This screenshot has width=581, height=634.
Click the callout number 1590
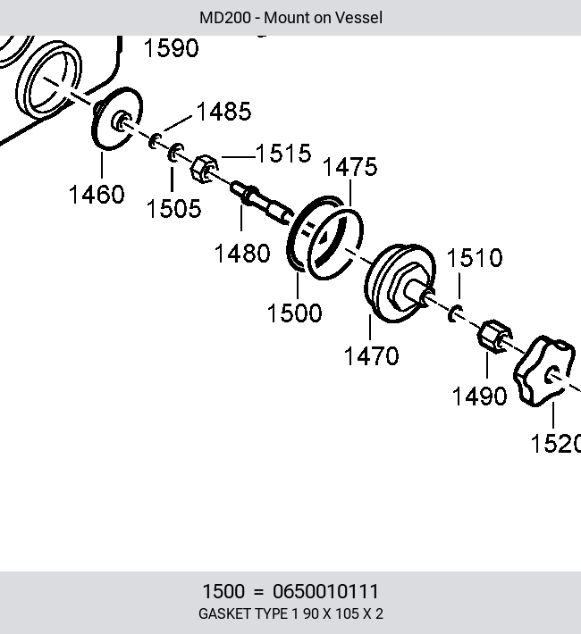click(172, 48)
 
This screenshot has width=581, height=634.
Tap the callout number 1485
click(223, 112)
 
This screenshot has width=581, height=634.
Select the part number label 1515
click(283, 154)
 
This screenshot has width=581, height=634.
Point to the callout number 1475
click(350, 167)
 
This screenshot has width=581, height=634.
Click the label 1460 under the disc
click(97, 194)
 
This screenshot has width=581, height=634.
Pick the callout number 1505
click(173, 209)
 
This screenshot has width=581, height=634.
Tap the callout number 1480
click(242, 254)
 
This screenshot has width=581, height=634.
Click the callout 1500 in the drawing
click(295, 313)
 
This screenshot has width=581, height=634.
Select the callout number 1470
click(371, 356)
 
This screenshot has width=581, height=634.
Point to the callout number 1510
click(475, 258)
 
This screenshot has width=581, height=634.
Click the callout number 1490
click(479, 396)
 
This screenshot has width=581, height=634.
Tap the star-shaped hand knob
click(543, 371)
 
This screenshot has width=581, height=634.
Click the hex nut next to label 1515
click(205, 169)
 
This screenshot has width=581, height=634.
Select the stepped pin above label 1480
click(262, 204)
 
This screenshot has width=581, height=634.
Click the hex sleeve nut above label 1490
click(495, 337)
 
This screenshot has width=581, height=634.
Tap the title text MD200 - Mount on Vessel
click(290, 18)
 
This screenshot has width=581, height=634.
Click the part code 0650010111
click(325, 591)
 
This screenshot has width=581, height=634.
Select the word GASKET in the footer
click(223, 613)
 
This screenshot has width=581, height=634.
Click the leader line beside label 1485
click(178, 123)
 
